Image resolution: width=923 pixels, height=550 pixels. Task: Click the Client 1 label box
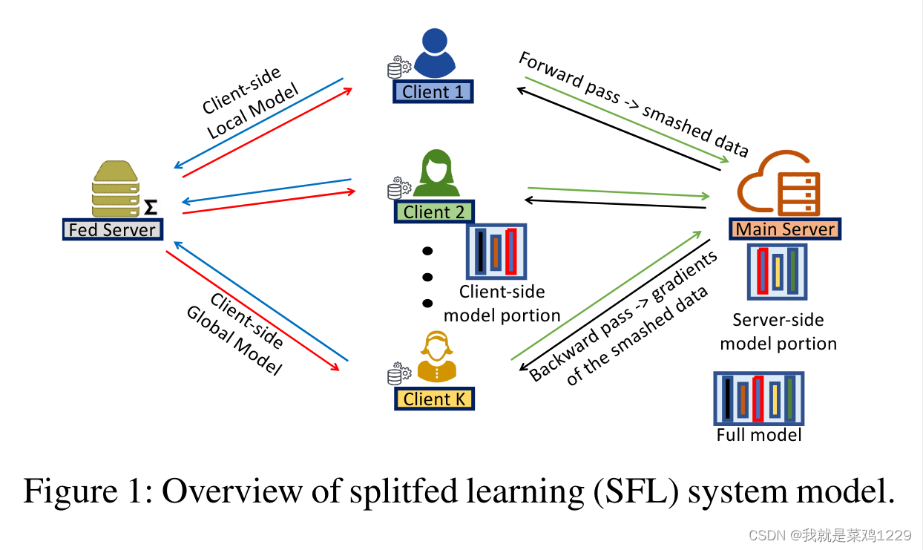(x=433, y=92)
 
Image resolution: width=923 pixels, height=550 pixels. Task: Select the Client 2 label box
(x=434, y=212)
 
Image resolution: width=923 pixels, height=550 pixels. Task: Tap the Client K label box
(x=434, y=399)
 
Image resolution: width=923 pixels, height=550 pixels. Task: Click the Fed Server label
(x=112, y=229)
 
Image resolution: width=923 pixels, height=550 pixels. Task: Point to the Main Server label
(x=785, y=229)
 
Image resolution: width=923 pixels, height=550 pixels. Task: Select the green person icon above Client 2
(x=437, y=174)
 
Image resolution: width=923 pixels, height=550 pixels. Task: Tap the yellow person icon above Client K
(x=436, y=358)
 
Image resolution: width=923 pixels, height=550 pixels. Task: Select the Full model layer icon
(x=758, y=398)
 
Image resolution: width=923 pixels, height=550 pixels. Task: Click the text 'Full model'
(x=759, y=434)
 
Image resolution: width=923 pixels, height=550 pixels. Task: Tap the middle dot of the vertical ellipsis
(x=427, y=278)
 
